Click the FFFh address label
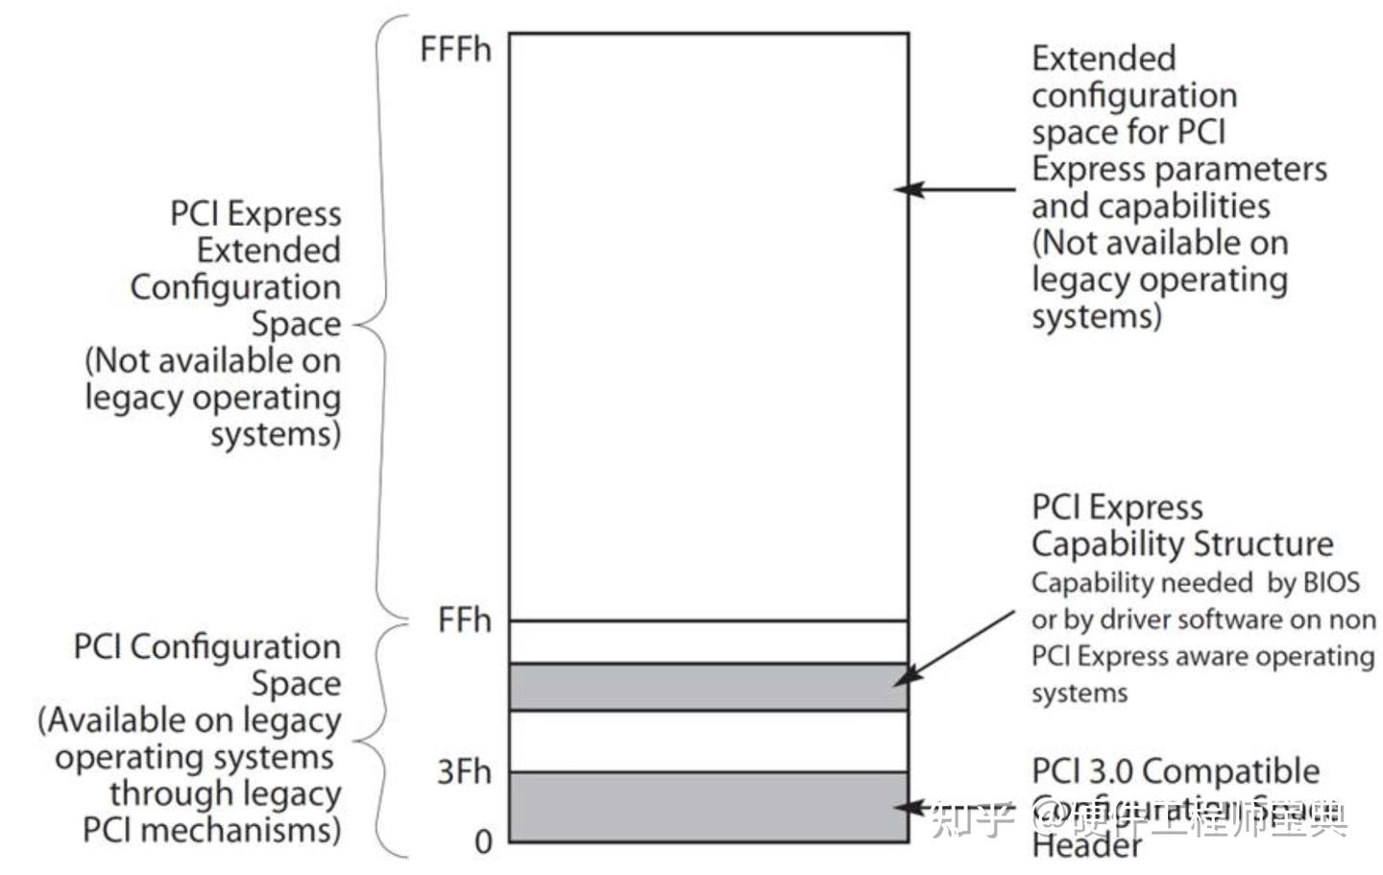point(455,49)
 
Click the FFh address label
point(464,620)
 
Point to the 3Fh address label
point(464,771)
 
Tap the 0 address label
point(483,842)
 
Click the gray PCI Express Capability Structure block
point(709,687)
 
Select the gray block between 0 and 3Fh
point(709,808)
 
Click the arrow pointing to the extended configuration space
point(956,189)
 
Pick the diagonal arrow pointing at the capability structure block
point(955,647)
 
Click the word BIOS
point(1331,582)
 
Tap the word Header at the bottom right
point(1087,845)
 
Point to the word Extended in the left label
point(269,250)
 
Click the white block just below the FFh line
point(709,642)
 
